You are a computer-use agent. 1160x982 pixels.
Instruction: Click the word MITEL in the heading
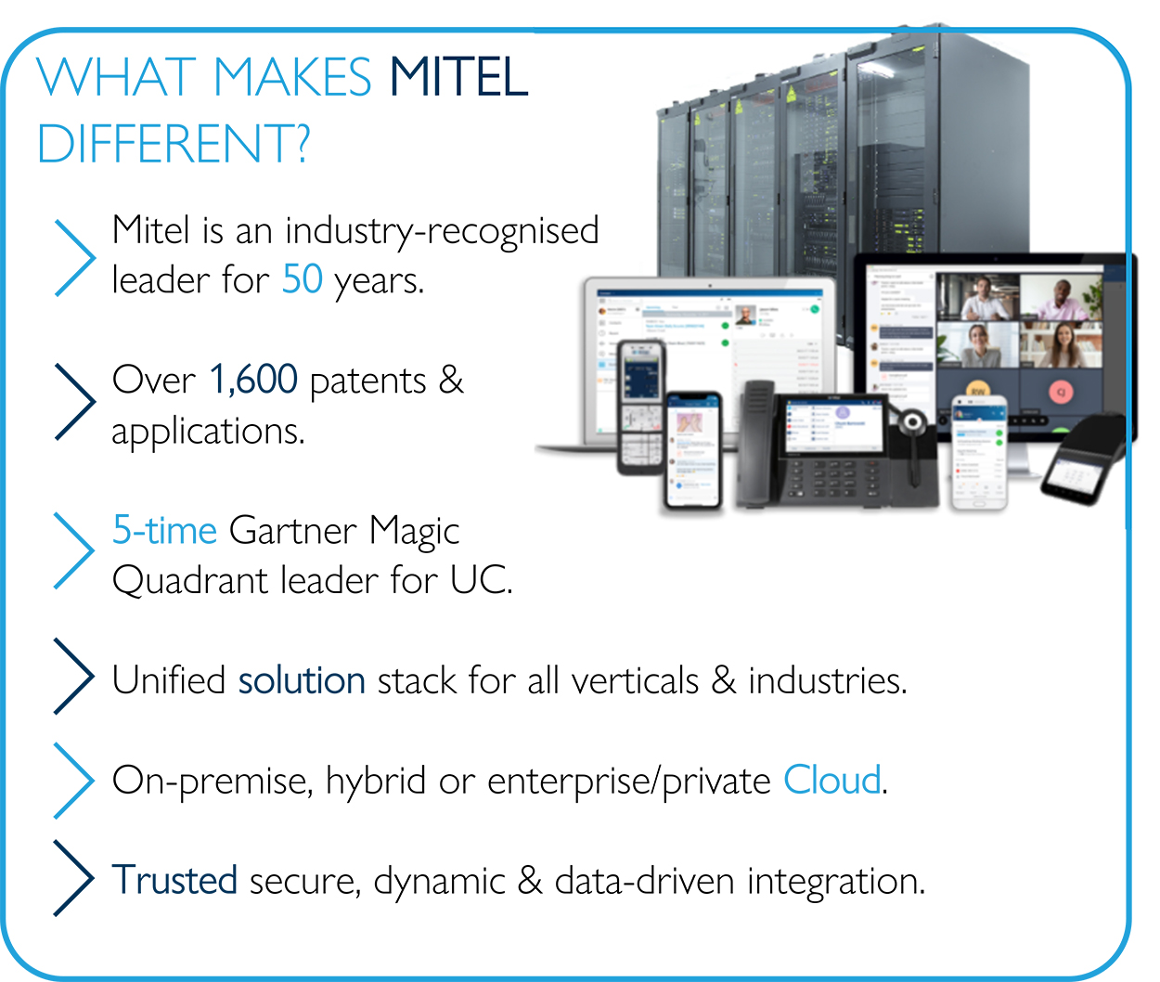pos(458,77)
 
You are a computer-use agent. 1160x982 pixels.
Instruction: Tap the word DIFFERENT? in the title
pos(174,145)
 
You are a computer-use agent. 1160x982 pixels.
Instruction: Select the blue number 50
pos(303,279)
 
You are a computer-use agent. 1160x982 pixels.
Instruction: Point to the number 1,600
pos(253,380)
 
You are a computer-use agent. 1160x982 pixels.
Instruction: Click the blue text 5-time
pos(164,530)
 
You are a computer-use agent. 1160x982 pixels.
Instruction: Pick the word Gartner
pos(292,530)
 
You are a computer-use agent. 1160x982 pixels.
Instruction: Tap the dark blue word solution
pos(302,680)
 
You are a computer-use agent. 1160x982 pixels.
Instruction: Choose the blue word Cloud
pos(832,780)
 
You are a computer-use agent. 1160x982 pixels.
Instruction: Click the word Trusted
pos(174,880)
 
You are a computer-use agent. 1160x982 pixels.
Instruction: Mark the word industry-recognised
pos(442,231)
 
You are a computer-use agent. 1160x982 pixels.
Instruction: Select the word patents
pos(367,381)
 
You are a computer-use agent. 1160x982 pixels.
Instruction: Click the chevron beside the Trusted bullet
pos(74,878)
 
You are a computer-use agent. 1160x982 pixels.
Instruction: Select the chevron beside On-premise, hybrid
pos(74,780)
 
